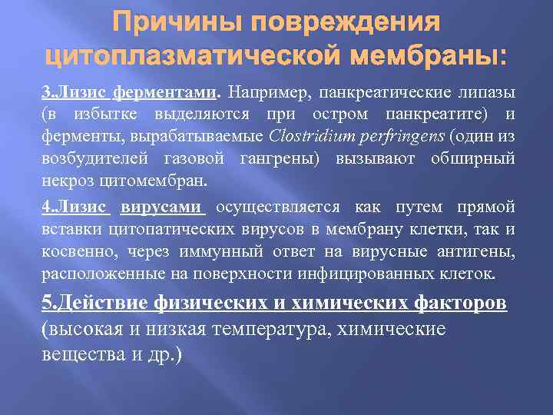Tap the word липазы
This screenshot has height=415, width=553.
tap(487, 93)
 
